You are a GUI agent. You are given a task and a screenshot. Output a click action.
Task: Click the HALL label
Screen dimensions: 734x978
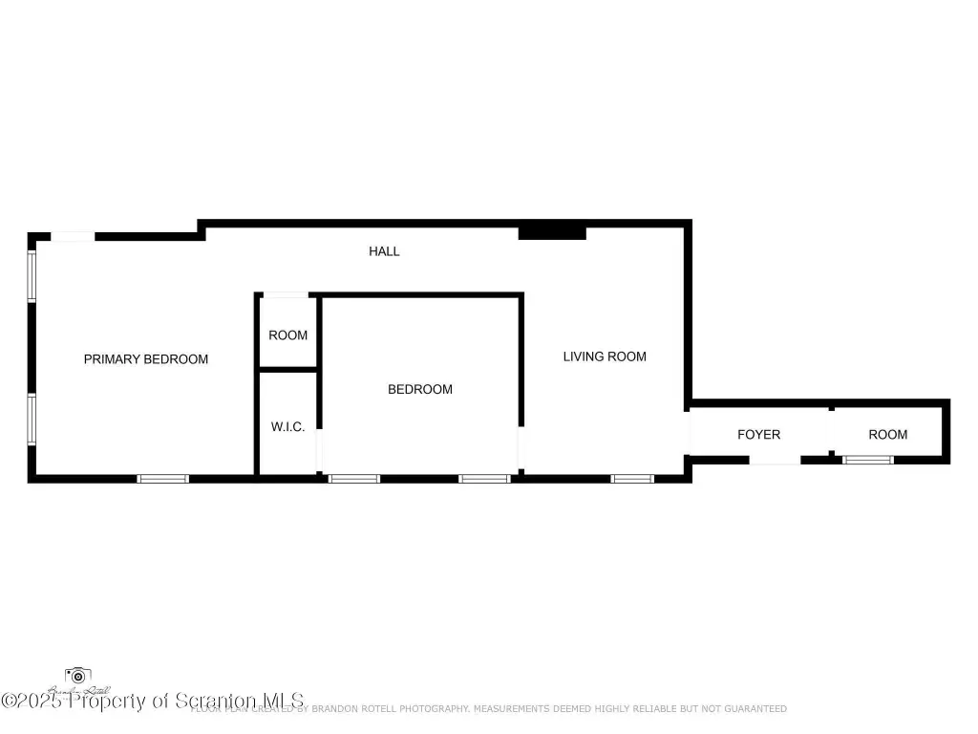384,251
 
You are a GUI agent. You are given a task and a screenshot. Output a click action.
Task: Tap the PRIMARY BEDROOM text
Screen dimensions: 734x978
146,359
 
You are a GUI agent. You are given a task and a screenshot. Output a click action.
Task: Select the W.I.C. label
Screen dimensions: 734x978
287,427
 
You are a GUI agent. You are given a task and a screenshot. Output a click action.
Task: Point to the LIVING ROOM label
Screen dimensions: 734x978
604,356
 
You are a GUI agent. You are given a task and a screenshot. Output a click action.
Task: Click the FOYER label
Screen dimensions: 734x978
758,435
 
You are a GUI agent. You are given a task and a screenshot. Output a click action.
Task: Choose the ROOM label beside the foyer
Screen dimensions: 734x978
887,435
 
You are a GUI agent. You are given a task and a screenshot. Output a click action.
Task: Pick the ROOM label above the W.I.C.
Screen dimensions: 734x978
287,335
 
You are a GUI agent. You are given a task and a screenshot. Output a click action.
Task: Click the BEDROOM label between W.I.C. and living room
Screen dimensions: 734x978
419,389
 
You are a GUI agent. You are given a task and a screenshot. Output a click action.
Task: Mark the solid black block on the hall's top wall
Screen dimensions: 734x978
552,232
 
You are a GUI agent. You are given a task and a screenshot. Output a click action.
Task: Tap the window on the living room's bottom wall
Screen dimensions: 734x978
632,478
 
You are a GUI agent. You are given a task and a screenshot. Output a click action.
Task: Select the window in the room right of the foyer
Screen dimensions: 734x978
867,460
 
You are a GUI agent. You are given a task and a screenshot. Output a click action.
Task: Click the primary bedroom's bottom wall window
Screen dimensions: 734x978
163,478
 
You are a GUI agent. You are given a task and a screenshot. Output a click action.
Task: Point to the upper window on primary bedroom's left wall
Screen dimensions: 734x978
32,275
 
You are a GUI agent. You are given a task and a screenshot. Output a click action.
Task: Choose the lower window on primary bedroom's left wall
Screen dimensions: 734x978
32,419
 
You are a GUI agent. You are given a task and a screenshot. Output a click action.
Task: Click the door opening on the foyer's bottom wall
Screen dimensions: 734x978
774,460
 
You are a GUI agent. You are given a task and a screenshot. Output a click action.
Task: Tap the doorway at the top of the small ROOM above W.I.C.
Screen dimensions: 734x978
286,294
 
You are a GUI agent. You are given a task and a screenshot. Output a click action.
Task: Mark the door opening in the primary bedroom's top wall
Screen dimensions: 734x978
73,235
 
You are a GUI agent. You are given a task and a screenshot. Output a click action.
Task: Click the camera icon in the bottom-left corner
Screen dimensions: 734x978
77,677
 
